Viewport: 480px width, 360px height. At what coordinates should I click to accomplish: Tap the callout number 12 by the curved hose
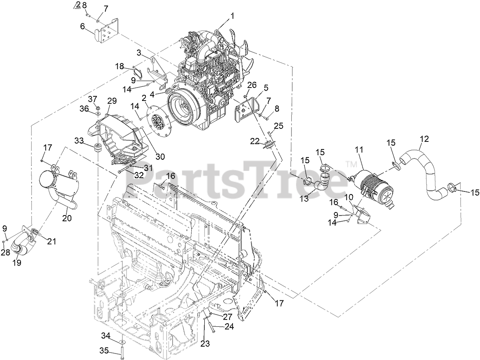click(424, 139)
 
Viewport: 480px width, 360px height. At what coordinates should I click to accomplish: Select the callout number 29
click(112, 101)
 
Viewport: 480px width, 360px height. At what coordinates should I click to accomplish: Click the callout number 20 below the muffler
click(67, 218)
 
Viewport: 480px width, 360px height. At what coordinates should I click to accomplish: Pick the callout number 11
click(359, 150)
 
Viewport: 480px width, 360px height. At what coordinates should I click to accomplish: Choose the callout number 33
click(79, 141)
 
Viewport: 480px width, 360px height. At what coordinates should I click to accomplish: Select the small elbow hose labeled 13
click(321, 182)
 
